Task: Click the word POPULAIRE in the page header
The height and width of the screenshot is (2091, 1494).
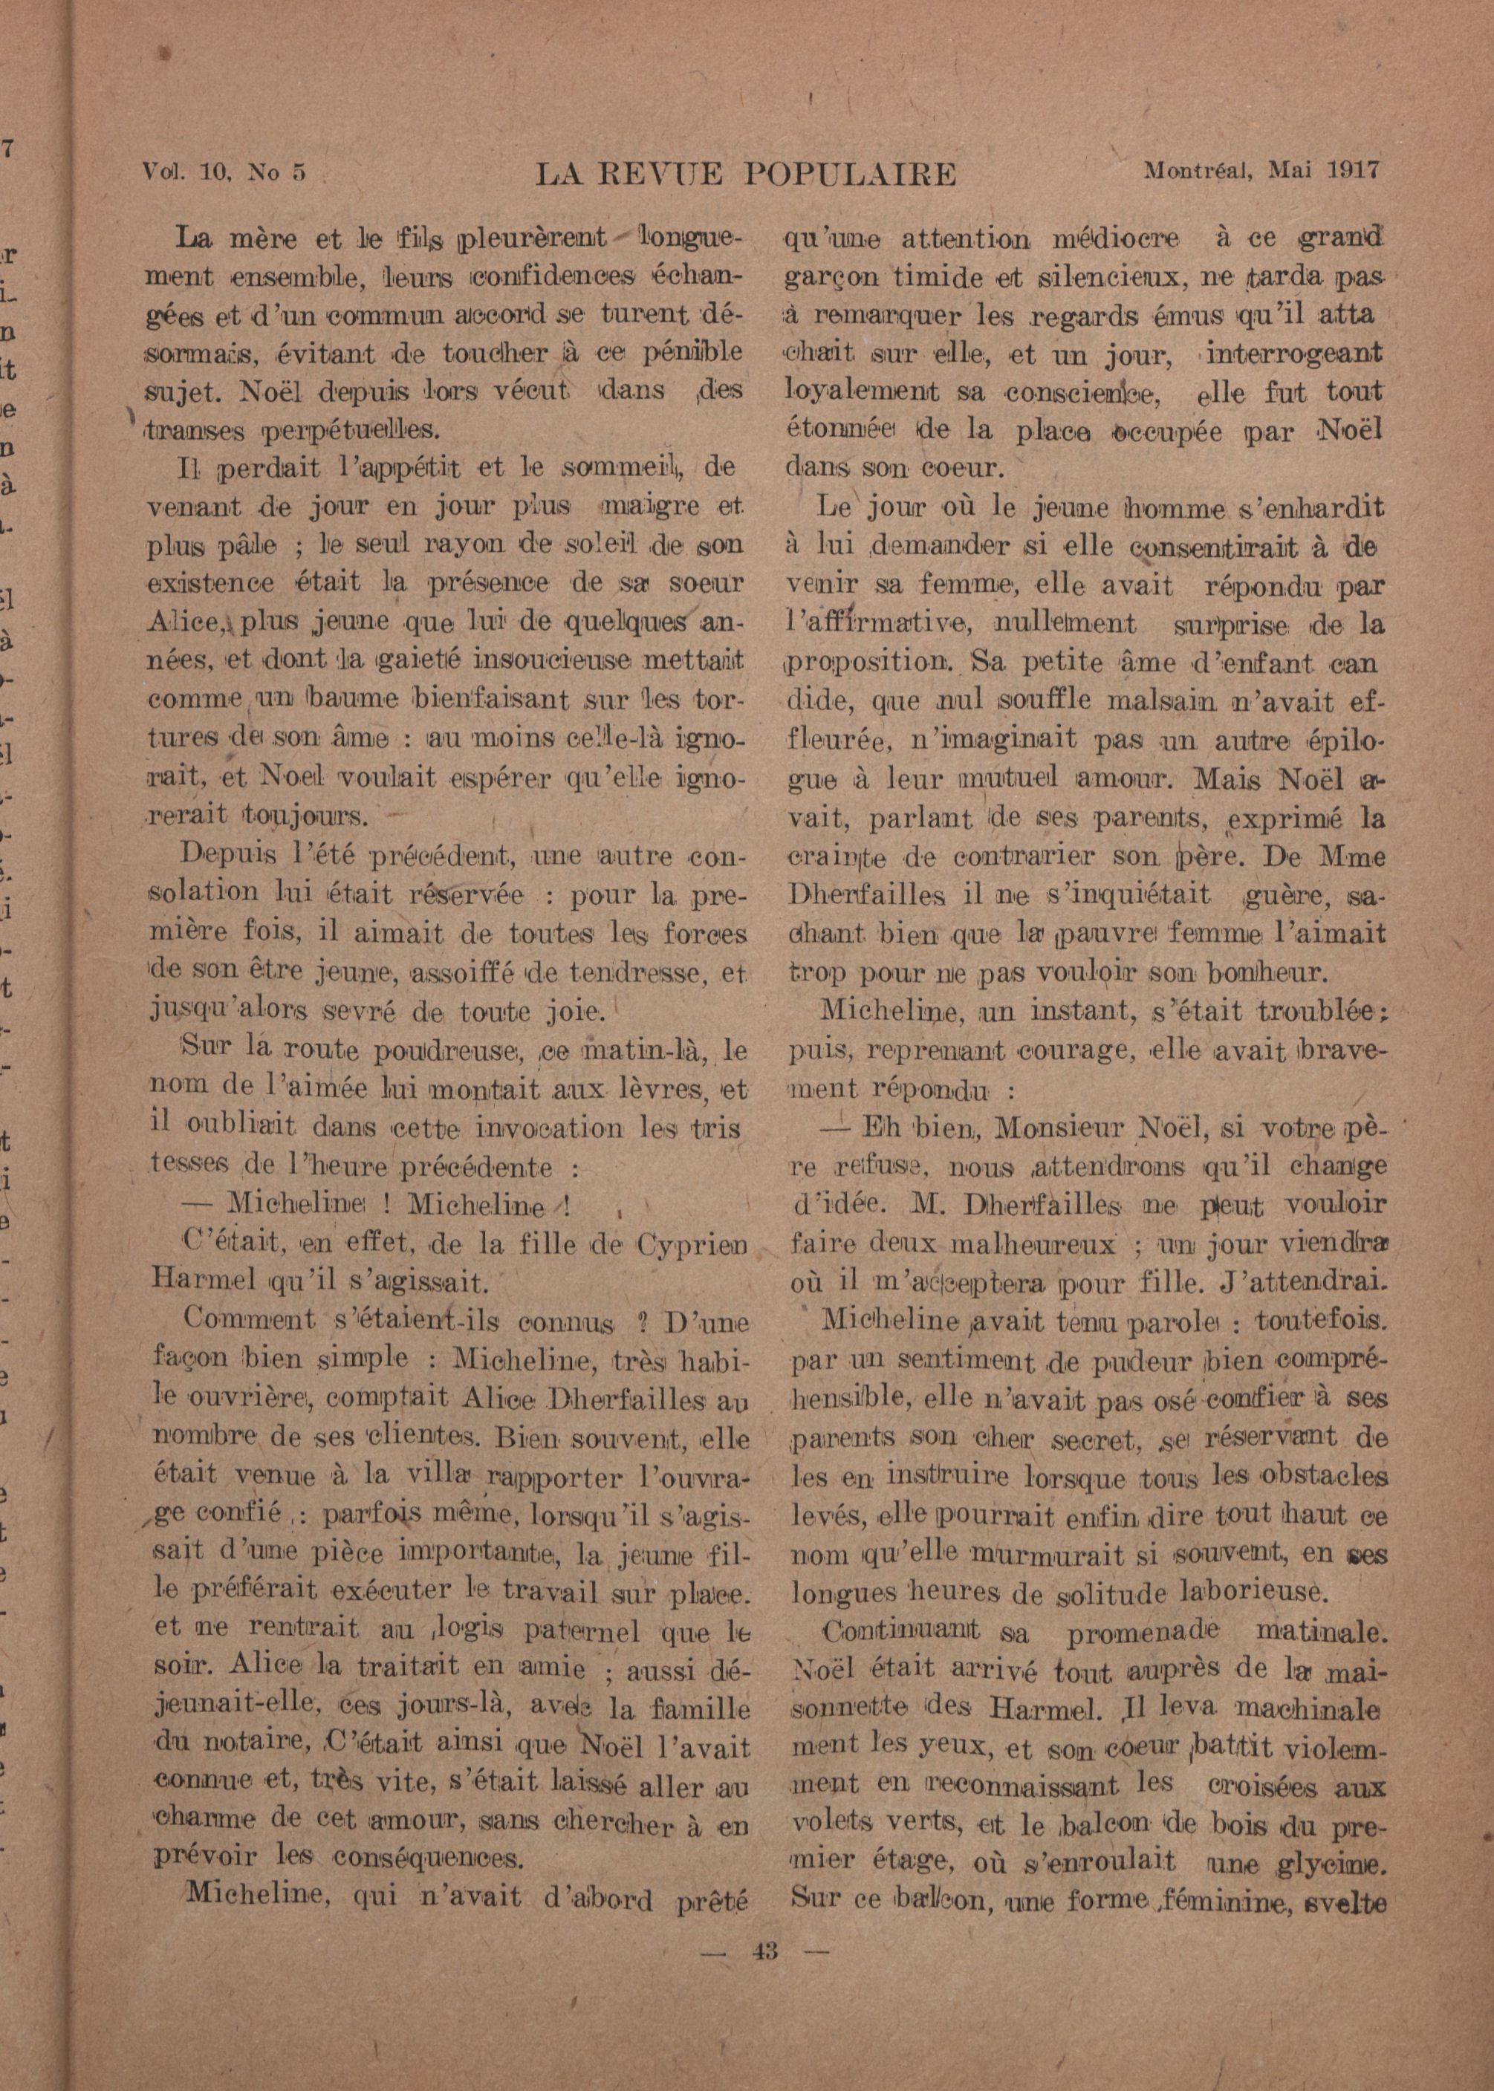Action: pos(850,172)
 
